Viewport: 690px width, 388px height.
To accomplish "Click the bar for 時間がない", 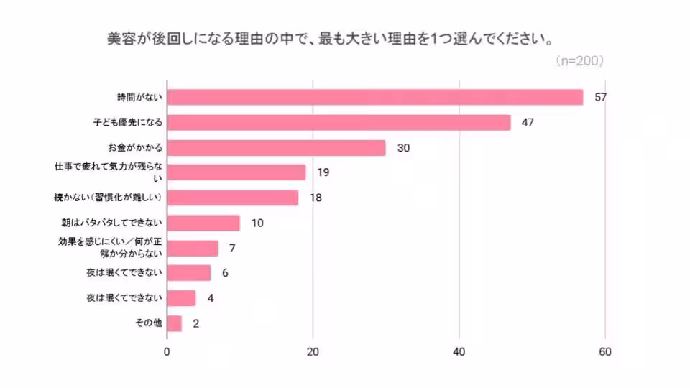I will pos(374,97).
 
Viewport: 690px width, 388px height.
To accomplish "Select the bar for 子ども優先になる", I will pos(339,122).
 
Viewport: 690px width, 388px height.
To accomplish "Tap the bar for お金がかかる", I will pos(276,147).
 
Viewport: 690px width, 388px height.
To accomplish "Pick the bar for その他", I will pos(174,323).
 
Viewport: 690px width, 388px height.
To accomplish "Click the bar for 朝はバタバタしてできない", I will pos(203,223).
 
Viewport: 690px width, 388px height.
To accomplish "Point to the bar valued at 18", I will pos(232,198).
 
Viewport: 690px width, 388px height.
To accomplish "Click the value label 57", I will pos(602,97).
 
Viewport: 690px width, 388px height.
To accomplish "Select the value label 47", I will pos(528,122).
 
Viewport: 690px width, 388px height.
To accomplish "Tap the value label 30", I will pos(403,148).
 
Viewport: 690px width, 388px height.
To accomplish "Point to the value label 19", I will pos(323,172).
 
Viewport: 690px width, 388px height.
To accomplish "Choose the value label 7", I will pos(233,249).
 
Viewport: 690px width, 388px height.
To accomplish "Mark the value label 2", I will pos(195,324).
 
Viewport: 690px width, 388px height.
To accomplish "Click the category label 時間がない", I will pos(140,97).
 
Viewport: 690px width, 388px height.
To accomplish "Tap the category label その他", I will pos(149,323).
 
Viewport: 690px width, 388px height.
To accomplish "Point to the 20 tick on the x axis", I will pos(313,352).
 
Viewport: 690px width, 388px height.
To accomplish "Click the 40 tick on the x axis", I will pos(459,352).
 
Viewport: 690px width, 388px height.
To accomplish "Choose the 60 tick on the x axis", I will pos(605,352).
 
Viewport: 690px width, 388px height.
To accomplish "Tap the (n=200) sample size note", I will pos(579,61).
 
